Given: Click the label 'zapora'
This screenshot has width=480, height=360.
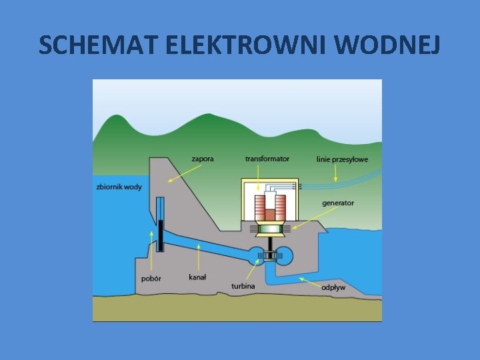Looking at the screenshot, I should coord(203,159).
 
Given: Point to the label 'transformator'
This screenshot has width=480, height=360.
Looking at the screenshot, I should coord(267,159).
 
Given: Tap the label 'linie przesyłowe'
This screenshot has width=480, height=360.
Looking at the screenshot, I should coord(342,160).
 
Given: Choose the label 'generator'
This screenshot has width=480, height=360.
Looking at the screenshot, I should coord(337,203).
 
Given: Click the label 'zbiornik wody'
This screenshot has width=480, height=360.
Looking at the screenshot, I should coord(119,187).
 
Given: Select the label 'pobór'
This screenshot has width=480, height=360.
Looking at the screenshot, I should coord(151,278).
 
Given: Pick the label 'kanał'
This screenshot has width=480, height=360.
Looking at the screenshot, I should coord(197,277).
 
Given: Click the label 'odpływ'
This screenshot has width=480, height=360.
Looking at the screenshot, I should coord(333,287).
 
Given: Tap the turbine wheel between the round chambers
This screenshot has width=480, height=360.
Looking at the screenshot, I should coord(269,256).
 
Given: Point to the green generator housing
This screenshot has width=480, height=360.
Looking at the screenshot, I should coord(269,229).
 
